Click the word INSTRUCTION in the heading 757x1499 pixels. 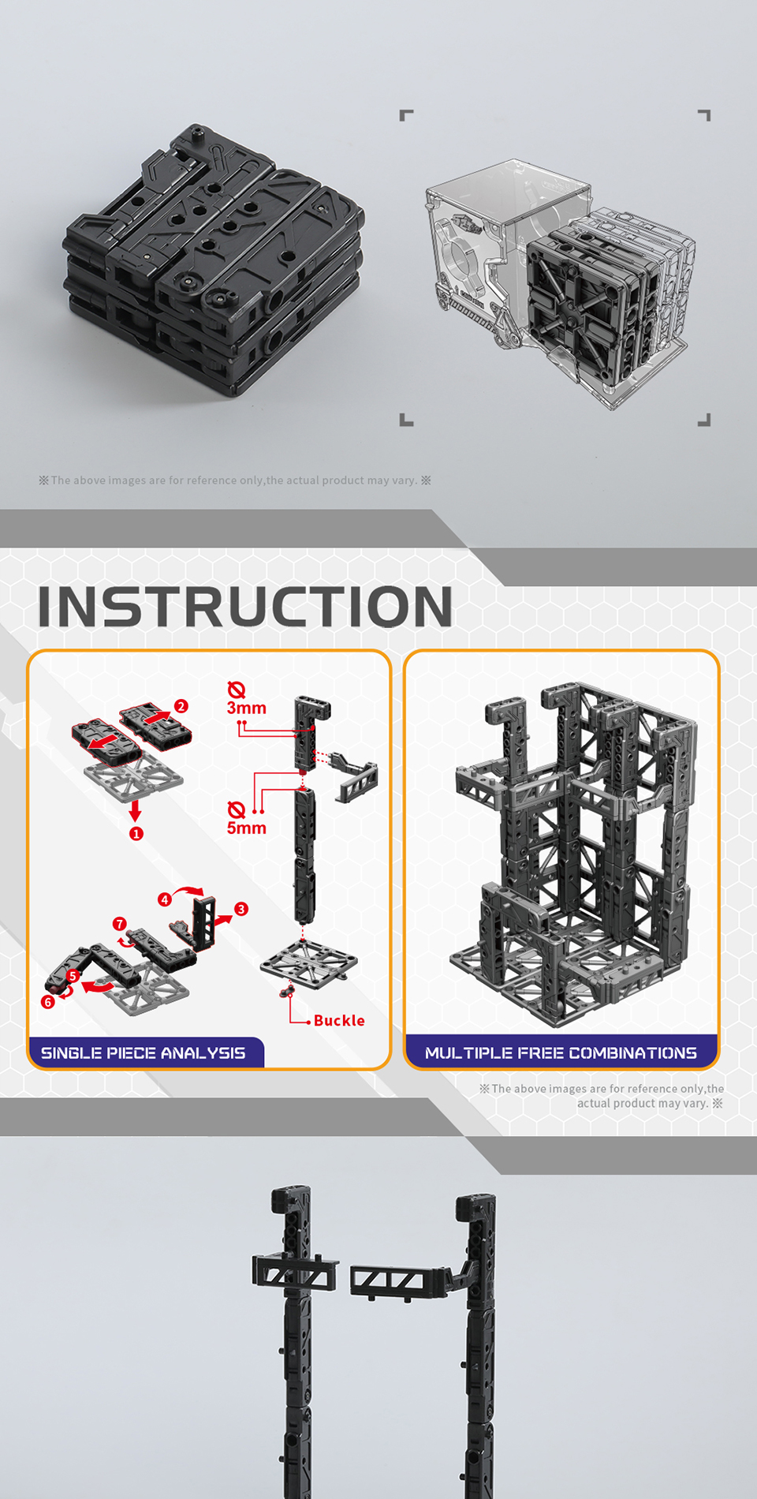click(x=245, y=606)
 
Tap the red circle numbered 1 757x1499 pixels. click(x=136, y=833)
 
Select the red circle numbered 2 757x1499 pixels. click(x=181, y=706)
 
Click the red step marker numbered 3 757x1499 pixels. click(x=241, y=909)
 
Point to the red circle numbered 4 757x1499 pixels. click(x=165, y=899)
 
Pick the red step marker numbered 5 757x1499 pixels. click(x=73, y=976)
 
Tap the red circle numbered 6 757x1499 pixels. click(x=48, y=1002)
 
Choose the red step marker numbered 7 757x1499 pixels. click(x=120, y=924)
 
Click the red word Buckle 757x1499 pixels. click(x=339, y=1020)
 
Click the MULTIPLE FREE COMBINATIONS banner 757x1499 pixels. click(x=561, y=1052)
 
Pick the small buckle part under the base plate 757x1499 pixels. click(x=287, y=989)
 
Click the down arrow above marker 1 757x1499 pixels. click(x=136, y=811)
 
